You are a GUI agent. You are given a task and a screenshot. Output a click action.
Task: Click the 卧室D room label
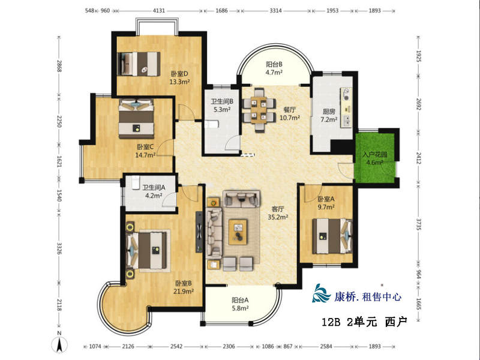click(179, 74)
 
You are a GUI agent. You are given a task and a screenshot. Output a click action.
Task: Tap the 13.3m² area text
click(179, 82)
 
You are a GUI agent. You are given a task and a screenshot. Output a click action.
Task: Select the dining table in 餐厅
click(259, 110)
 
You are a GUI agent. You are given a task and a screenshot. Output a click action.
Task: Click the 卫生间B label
click(222, 101)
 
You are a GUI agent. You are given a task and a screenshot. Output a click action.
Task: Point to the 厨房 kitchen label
click(329, 112)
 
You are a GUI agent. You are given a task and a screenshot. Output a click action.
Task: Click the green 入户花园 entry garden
click(374, 158)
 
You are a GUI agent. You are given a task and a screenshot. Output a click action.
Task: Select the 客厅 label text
click(278, 209)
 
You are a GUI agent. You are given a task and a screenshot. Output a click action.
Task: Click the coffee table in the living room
click(238, 232)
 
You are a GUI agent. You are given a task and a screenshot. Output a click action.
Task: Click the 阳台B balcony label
click(274, 64)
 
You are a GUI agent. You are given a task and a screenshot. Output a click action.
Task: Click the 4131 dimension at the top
click(159, 10)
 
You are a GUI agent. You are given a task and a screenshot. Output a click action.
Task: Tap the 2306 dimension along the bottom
click(229, 346)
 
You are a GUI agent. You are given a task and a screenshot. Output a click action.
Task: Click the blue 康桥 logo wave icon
click(321, 293)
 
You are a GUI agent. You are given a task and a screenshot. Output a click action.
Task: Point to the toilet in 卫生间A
click(136, 183)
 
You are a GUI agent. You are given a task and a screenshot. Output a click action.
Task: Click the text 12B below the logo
click(331, 322)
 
